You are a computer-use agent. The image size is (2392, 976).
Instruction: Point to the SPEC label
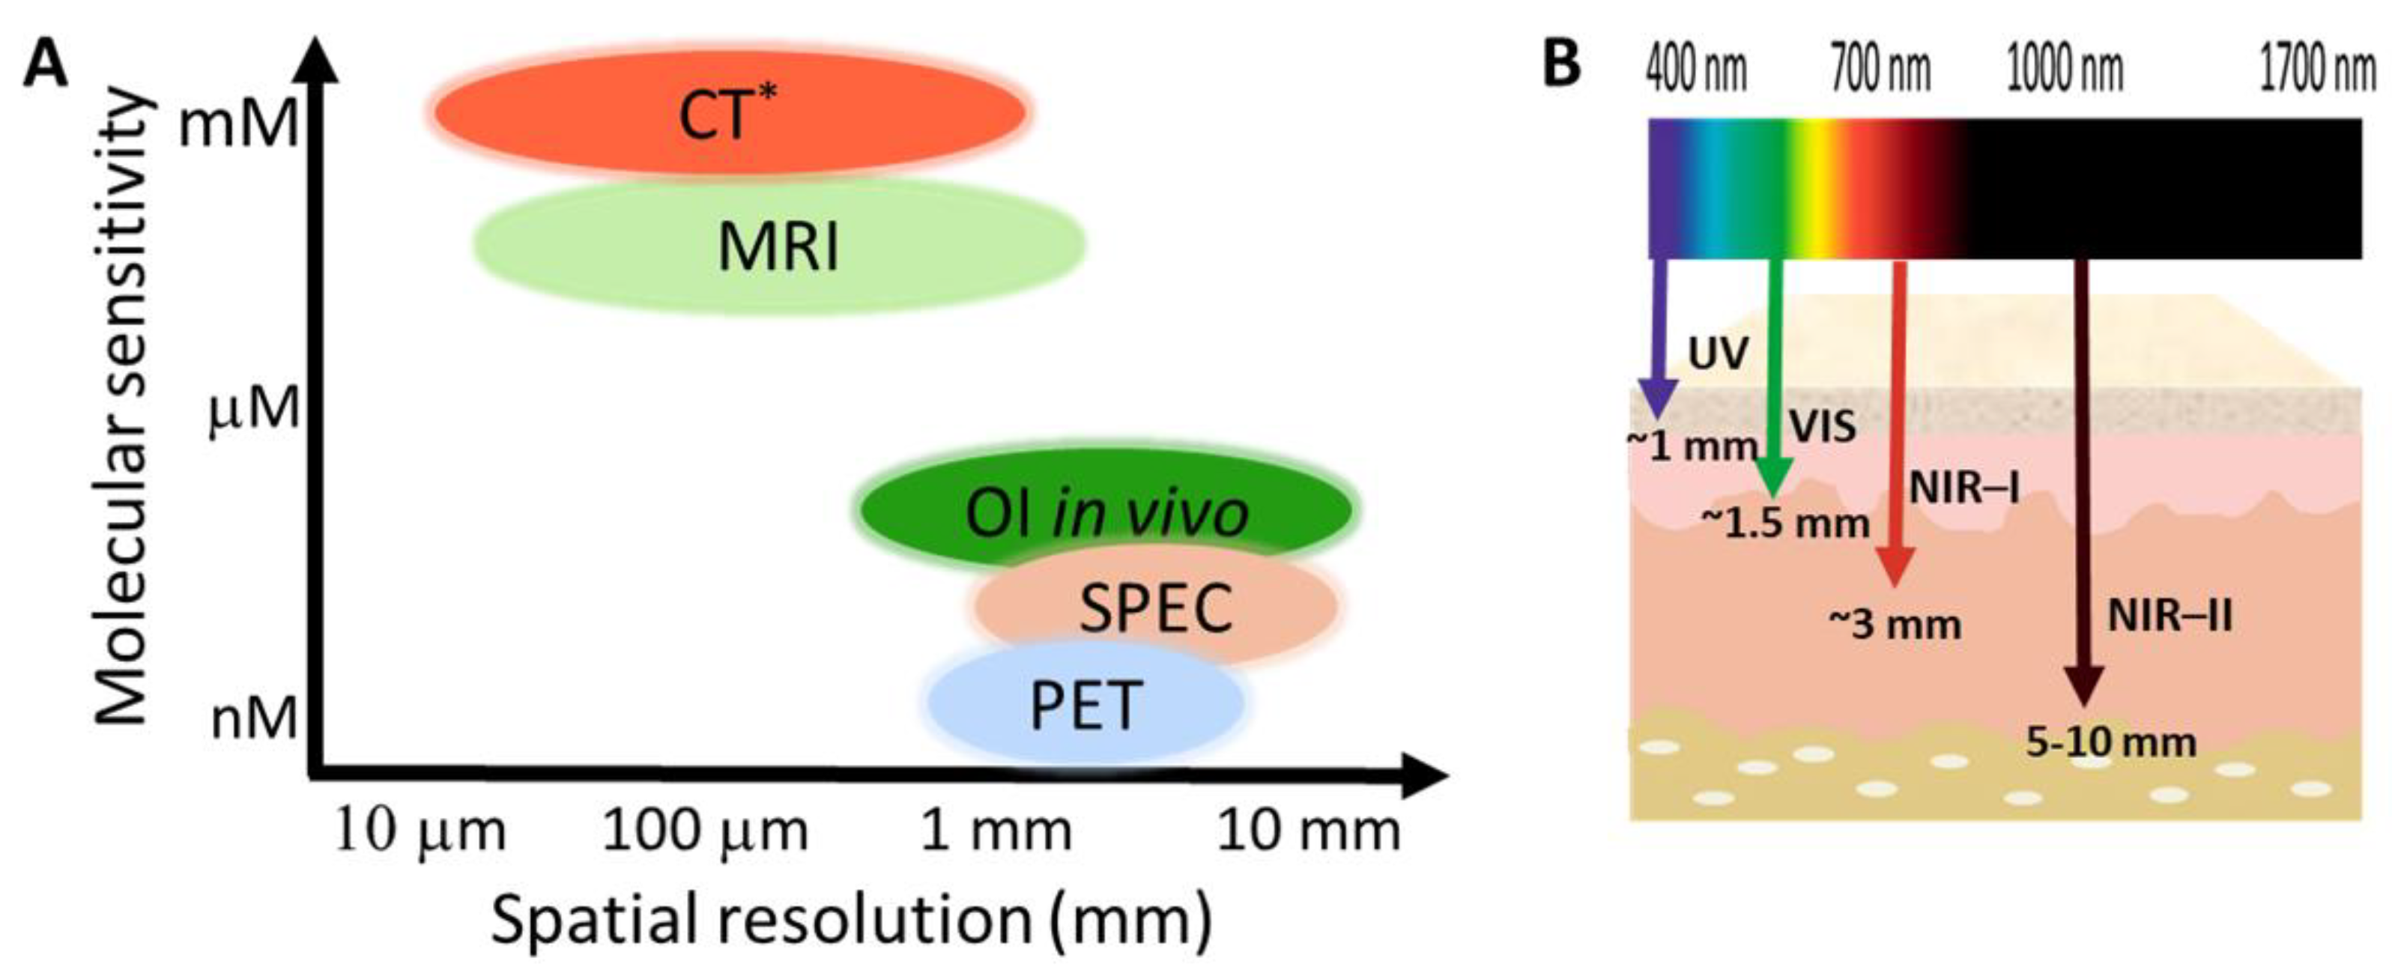tap(1156, 608)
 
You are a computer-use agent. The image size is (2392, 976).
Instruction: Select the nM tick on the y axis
tap(253, 718)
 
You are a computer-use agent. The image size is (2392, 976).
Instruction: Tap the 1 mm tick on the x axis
tap(996, 830)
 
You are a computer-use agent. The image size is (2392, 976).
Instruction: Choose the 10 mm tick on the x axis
tap(1307, 830)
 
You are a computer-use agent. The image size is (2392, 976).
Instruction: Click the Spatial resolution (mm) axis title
tap(850, 919)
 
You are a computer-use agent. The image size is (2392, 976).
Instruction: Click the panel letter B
tap(1562, 63)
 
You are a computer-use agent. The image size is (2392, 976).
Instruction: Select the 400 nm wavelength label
tap(1695, 70)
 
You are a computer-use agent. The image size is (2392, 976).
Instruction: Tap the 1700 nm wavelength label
tap(2317, 70)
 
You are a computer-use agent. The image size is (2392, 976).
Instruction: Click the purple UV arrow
tap(1659, 334)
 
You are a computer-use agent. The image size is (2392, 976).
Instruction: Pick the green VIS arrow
tap(1775, 372)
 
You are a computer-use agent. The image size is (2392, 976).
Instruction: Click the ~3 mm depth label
tap(1895, 624)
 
